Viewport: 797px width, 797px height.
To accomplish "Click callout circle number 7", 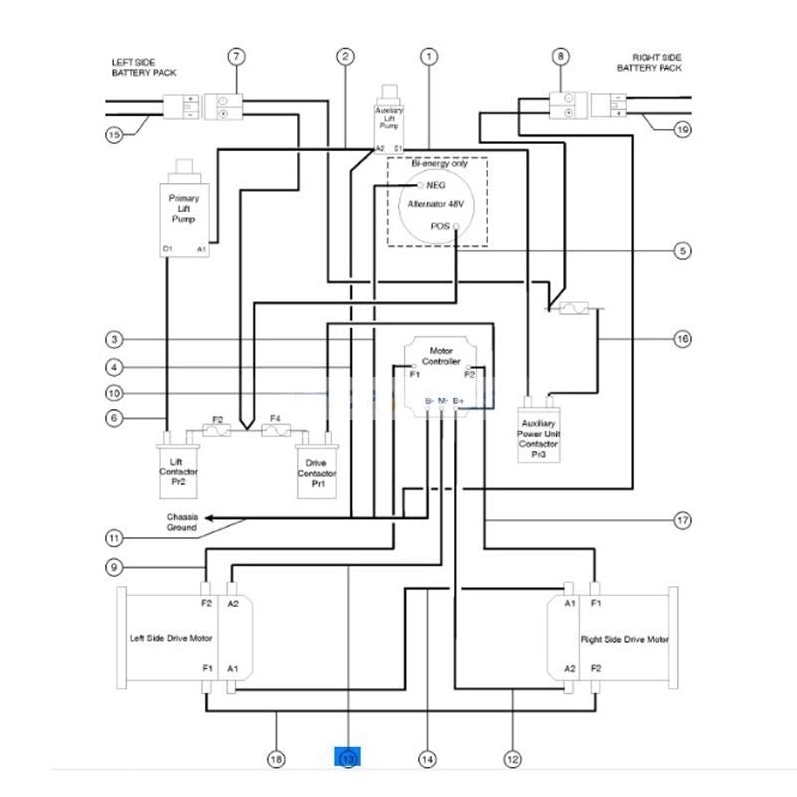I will click(236, 57).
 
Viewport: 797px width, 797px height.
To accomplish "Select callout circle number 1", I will click(429, 57).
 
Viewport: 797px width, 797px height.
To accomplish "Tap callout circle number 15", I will click(115, 133).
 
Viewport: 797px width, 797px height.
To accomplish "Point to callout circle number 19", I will click(682, 129).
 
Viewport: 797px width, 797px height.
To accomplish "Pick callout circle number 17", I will click(682, 520).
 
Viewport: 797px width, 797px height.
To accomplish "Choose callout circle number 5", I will click(682, 251).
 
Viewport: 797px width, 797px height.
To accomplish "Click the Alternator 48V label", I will click(436, 205).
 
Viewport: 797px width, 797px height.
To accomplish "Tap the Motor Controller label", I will click(441, 356).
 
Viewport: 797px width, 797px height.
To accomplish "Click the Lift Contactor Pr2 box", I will click(179, 470).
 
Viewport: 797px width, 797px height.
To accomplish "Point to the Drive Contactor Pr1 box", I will click(317, 471).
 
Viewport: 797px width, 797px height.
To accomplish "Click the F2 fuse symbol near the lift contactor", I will click(218, 429).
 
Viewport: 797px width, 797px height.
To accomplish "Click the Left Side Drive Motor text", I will click(171, 639).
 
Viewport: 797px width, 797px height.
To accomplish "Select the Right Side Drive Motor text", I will click(625, 639).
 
